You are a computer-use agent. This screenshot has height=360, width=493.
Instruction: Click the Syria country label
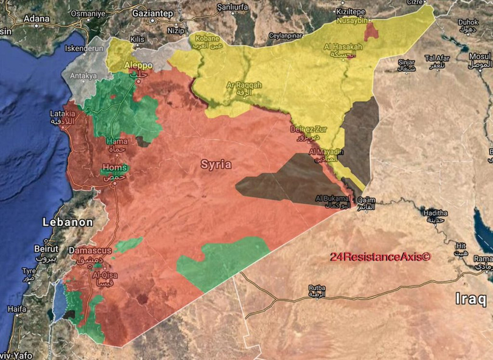[x=216, y=164]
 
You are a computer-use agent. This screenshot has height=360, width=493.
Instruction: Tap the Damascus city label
[x=90, y=251]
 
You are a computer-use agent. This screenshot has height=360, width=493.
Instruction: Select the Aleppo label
[x=138, y=66]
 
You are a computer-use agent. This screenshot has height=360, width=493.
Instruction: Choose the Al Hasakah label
[x=343, y=47]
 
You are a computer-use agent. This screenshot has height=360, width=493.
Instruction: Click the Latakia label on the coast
[x=63, y=114]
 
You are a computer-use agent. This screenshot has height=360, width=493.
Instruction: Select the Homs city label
[x=115, y=168]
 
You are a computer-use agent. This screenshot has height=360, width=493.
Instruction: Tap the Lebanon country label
[x=67, y=223]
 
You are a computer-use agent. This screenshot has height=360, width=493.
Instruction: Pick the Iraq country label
[x=470, y=299]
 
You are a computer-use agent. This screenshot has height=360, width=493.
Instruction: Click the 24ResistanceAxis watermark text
[x=380, y=257]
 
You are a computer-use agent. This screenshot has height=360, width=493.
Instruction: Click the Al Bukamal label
[x=332, y=198]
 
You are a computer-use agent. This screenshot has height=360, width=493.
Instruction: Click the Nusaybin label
[x=353, y=20]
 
